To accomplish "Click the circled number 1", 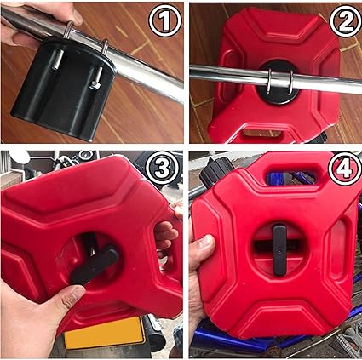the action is [x=165, y=20].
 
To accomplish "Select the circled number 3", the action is [x=163, y=168].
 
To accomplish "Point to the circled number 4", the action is [x=344, y=168].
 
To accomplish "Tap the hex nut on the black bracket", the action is [x=94, y=84].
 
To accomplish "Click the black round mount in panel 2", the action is [x=279, y=83].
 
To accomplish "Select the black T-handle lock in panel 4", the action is [x=279, y=249].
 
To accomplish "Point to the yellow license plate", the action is [x=105, y=333].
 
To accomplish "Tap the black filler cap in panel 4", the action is [x=215, y=172].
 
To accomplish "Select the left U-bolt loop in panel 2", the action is [x=268, y=81].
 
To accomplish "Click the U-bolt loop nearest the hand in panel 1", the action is [x=67, y=30].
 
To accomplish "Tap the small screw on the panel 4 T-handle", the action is [x=280, y=251].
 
